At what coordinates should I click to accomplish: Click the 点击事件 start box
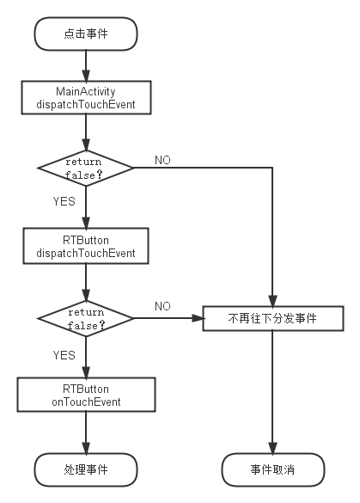point(86,34)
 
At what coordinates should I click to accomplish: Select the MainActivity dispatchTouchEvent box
point(86,97)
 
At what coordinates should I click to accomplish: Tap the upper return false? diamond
point(86,168)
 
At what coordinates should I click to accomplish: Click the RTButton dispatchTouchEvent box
point(86,246)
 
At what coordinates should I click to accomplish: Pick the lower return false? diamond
point(86,318)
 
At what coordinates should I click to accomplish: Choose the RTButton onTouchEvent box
point(86,395)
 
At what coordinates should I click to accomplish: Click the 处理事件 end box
point(86,469)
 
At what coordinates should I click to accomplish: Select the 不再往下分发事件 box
point(273,318)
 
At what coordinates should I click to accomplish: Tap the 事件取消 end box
point(273,469)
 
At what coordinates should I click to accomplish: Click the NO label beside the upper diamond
point(162,160)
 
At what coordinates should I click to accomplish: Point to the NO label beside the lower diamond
point(162,306)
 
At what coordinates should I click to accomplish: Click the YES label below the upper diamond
point(64,201)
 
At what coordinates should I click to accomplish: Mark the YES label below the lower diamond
point(64,355)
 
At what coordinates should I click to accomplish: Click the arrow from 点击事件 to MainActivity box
point(86,65)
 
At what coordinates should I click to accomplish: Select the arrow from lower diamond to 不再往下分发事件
point(168,318)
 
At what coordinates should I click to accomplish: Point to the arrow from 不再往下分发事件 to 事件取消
point(272,392)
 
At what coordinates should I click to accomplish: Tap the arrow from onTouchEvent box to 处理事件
point(86,432)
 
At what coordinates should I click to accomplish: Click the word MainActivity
point(86,91)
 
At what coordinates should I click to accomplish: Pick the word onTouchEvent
point(86,402)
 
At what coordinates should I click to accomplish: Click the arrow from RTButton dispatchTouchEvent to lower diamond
point(86,282)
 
